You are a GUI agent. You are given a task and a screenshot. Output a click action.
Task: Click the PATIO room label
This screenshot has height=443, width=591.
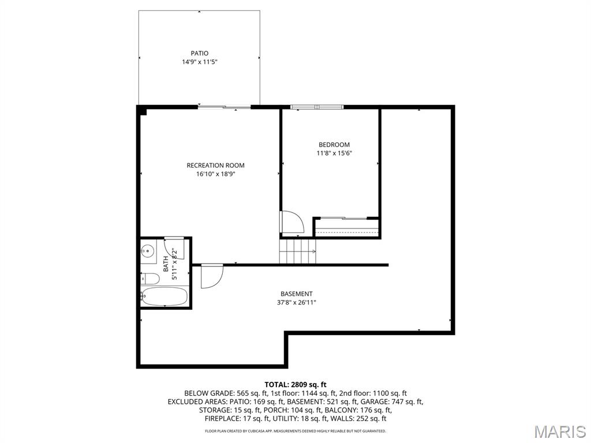point(199,54)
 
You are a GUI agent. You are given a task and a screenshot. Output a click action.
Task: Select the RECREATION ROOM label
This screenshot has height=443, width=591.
point(216,166)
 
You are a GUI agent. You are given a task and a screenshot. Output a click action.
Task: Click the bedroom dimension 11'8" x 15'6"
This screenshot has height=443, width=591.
point(334,153)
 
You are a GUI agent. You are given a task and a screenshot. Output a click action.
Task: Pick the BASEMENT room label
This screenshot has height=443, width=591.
point(297,294)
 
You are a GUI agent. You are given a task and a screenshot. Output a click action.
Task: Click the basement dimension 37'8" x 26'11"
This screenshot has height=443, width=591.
point(297,302)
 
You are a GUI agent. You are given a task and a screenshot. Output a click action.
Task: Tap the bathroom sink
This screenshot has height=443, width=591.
point(148,250)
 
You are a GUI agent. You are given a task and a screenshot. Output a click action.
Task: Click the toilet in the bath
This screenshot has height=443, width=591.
point(150,279)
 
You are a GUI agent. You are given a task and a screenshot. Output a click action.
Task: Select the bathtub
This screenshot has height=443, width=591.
point(164,296)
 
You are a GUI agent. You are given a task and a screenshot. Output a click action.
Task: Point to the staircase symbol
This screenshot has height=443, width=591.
point(297,251)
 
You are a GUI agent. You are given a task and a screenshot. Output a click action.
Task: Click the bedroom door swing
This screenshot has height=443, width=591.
point(291,222)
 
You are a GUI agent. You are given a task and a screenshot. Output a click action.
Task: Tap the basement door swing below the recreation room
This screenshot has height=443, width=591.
point(212,276)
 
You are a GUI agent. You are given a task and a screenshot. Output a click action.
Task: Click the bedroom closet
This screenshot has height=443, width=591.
point(347,228)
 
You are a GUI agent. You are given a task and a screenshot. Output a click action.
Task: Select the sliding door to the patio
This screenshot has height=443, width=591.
point(225,107)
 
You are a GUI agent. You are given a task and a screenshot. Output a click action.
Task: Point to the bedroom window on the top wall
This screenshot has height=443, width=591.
point(317,107)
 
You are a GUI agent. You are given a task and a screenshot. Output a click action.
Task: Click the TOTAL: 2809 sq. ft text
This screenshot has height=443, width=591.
point(295,385)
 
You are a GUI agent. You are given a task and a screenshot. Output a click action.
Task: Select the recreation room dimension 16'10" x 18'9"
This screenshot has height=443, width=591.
point(216,174)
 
